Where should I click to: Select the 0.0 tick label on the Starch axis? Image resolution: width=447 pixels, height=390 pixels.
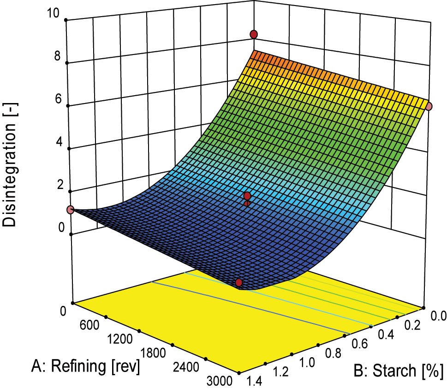pyautogui.click(x=437, y=316)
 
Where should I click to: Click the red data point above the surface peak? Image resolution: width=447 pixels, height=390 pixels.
pyautogui.click(x=253, y=34)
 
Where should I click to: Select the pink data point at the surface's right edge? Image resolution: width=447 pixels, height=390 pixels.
pyautogui.click(x=429, y=106)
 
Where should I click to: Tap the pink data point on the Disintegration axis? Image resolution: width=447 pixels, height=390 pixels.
pyautogui.click(x=70, y=210)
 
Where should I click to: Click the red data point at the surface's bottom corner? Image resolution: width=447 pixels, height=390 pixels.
pyautogui.click(x=239, y=282)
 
